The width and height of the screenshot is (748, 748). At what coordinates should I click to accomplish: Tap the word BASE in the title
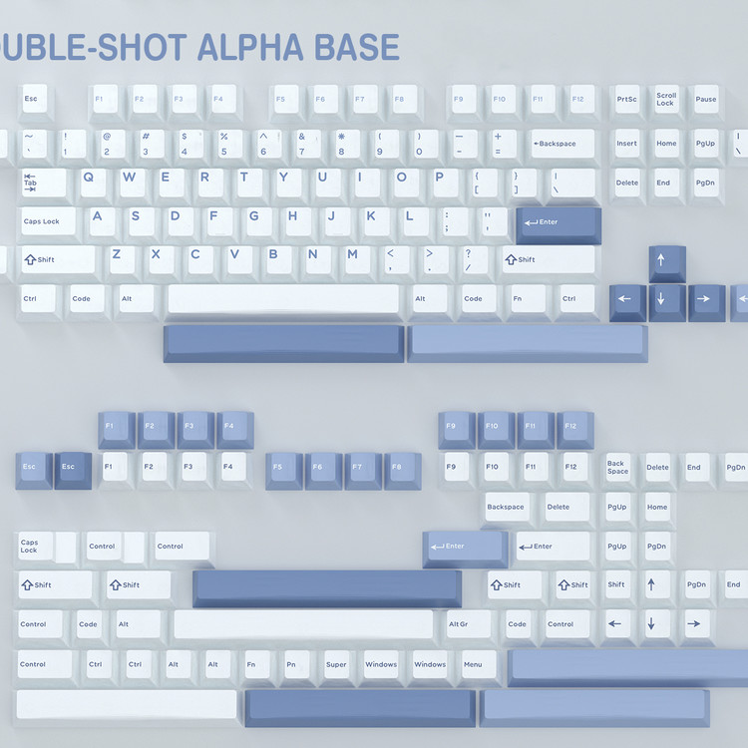tap(356, 47)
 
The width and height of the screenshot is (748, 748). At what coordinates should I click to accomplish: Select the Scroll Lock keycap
tap(666, 100)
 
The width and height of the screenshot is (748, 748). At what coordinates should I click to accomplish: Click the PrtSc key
tap(626, 100)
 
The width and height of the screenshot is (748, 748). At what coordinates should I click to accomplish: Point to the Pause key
tap(706, 100)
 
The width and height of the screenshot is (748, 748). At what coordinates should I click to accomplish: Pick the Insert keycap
tap(626, 144)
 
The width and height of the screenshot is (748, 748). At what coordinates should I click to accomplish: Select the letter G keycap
tap(253, 217)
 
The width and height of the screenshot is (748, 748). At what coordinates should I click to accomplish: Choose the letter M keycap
tap(352, 256)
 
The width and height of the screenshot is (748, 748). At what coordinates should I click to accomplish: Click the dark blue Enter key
tap(559, 223)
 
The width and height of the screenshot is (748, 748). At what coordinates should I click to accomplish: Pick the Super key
tap(336, 664)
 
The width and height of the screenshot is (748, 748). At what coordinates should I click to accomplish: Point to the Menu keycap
tap(473, 664)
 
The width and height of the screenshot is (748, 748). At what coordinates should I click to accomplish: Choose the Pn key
tap(291, 664)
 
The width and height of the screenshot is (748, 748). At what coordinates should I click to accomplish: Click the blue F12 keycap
tap(574, 429)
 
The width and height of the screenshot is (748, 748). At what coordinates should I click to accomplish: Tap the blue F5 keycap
tap(283, 469)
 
